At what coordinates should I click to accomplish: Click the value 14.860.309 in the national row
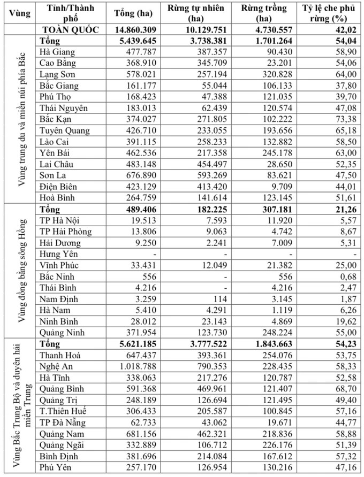point(127,30)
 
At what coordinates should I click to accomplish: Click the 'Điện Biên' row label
point(60,187)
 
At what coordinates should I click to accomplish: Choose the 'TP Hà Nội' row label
point(64,220)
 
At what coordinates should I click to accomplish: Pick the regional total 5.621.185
point(127,344)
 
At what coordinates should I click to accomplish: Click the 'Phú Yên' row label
point(56,467)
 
